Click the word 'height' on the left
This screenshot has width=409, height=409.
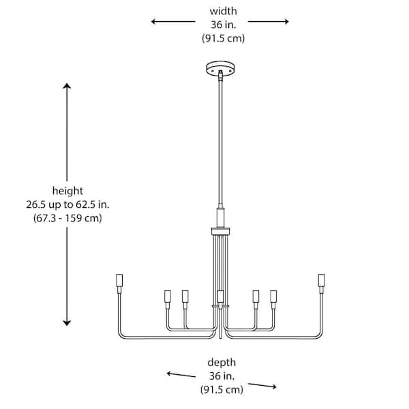[67, 191]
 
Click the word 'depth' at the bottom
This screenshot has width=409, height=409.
[222, 362]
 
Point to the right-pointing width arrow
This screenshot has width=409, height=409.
[269, 22]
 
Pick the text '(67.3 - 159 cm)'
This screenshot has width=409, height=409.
[67, 218]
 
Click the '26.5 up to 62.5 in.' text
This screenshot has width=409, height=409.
[67, 204]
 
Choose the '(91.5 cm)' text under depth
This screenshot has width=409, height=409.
[222, 391]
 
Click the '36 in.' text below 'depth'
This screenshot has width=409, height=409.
[222, 376]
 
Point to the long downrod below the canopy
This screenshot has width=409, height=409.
[220, 136]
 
